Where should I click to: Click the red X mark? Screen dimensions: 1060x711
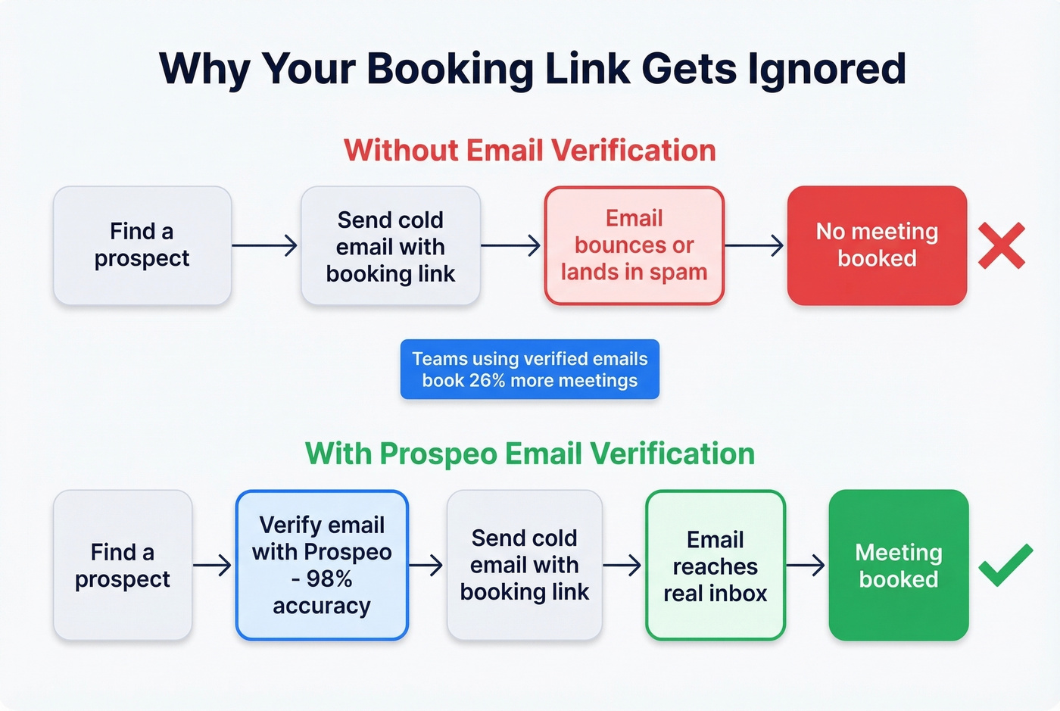pos(1001,245)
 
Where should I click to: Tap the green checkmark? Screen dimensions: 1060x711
pos(1005,565)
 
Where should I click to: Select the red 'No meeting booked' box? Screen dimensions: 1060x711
pos(877,245)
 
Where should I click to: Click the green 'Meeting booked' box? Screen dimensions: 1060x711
pos(898,565)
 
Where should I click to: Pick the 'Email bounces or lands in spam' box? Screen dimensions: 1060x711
pos(634,245)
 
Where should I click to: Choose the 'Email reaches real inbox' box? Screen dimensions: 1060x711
pos(715,565)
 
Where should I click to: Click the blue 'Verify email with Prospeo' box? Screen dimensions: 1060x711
pos(322,565)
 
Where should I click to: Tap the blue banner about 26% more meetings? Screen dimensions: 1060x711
pos(529,370)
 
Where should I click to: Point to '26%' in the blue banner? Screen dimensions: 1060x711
pos(487,380)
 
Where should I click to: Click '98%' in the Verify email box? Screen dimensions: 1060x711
pos(329,579)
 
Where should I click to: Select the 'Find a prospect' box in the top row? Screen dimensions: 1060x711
pos(142,245)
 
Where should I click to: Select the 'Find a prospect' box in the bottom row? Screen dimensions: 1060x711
pos(122,565)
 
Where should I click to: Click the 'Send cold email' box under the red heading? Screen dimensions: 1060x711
pos(390,245)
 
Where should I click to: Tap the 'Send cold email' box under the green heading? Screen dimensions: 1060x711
pos(524,565)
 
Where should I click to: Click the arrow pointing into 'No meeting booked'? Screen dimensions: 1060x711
pos(754,245)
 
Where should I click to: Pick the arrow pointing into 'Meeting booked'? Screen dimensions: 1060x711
pos(806,565)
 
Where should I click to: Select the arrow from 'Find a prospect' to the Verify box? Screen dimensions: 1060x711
pos(213,565)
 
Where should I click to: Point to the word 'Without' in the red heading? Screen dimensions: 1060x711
pos(401,151)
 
